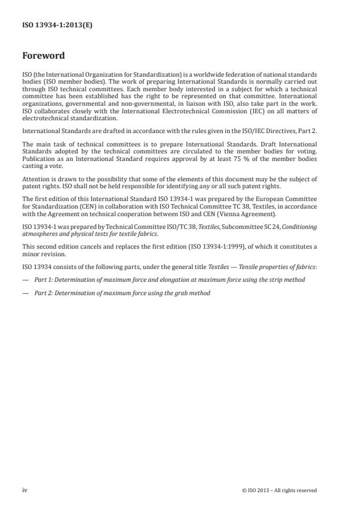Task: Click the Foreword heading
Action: (44, 56)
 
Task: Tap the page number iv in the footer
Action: (25, 490)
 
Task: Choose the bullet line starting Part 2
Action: (122, 293)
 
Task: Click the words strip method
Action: (287, 280)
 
